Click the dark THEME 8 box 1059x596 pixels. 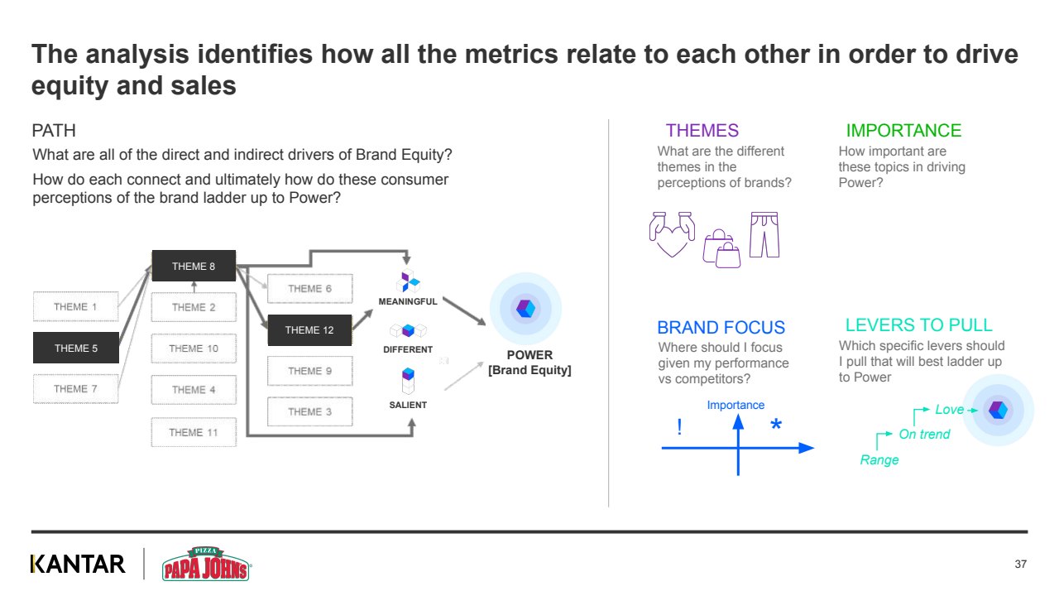[x=194, y=266]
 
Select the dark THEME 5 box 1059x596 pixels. [x=76, y=348]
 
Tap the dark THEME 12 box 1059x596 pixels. [x=309, y=330]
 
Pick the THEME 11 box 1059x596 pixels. [x=194, y=432]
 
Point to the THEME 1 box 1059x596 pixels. [x=76, y=306]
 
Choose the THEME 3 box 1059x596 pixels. [x=310, y=411]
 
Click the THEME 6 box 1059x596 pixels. [x=310, y=289]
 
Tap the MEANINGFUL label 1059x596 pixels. [x=408, y=301]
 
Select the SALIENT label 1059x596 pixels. [x=408, y=405]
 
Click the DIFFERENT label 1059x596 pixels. [x=408, y=349]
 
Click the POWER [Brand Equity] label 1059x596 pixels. [x=529, y=363]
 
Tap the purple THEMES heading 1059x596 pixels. [x=702, y=131]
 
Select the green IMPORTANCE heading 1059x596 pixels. [x=903, y=131]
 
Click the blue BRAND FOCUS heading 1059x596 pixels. [x=721, y=327]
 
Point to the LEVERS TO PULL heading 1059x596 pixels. [x=918, y=324]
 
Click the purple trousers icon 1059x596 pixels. [x=764, y=235]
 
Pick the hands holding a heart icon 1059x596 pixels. [x=671, y=235]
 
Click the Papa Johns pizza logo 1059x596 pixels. [x=206, y=564]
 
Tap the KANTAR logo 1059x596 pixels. [x=78, y=564]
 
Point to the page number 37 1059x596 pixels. [x=1020, y=565]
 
